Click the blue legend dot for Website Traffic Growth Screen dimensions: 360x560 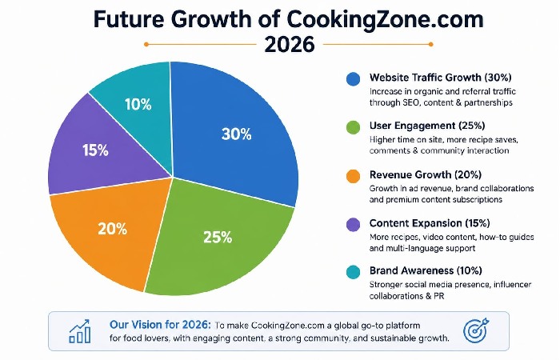tap(352, 78)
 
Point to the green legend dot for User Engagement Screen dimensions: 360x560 tap(352, 126)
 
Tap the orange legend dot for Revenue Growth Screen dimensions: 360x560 tap(352, 175)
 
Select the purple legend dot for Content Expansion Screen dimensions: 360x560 tap(352, 223)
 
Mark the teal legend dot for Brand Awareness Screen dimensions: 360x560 tap(352, 271)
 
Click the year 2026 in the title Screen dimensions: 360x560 tap(280, 44)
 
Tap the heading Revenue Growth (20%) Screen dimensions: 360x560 tap(426, 175)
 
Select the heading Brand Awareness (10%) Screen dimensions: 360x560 tap(426, 270)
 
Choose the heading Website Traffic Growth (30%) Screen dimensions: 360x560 tap(441, 78)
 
